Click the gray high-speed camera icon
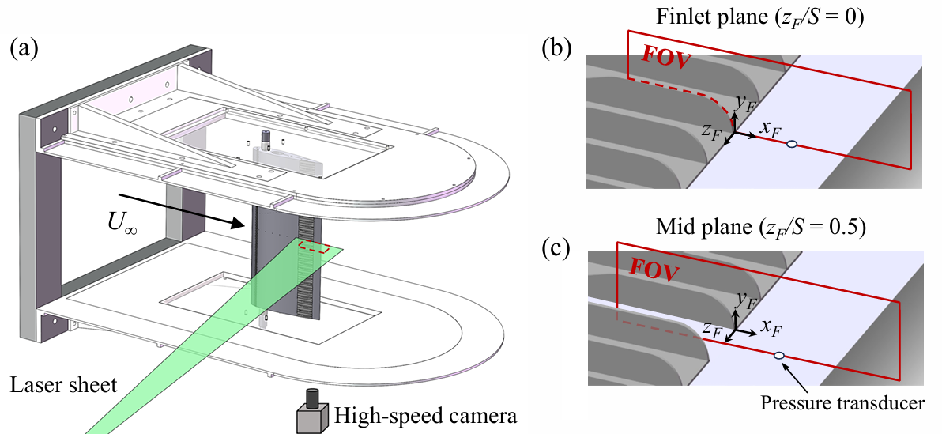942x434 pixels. coord(313,413)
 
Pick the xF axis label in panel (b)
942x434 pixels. coord(770,130)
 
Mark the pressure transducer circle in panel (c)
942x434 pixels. coord(780,357)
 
